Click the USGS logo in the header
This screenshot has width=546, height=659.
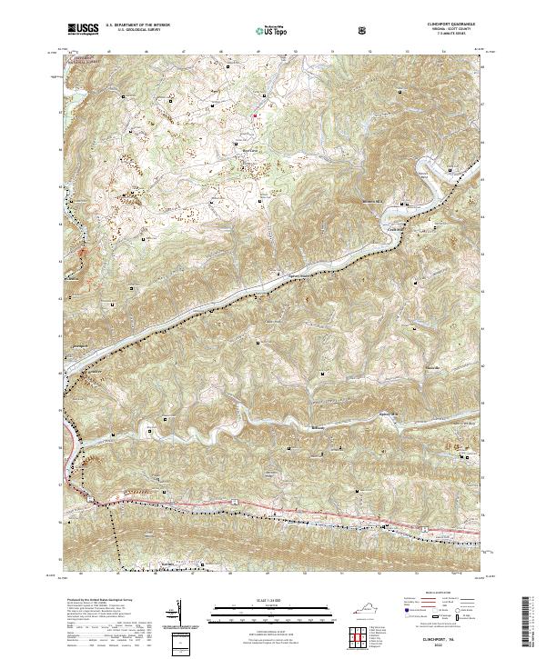click(x=83, y=28)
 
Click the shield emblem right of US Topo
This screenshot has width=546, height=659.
click(x=314, y=29)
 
